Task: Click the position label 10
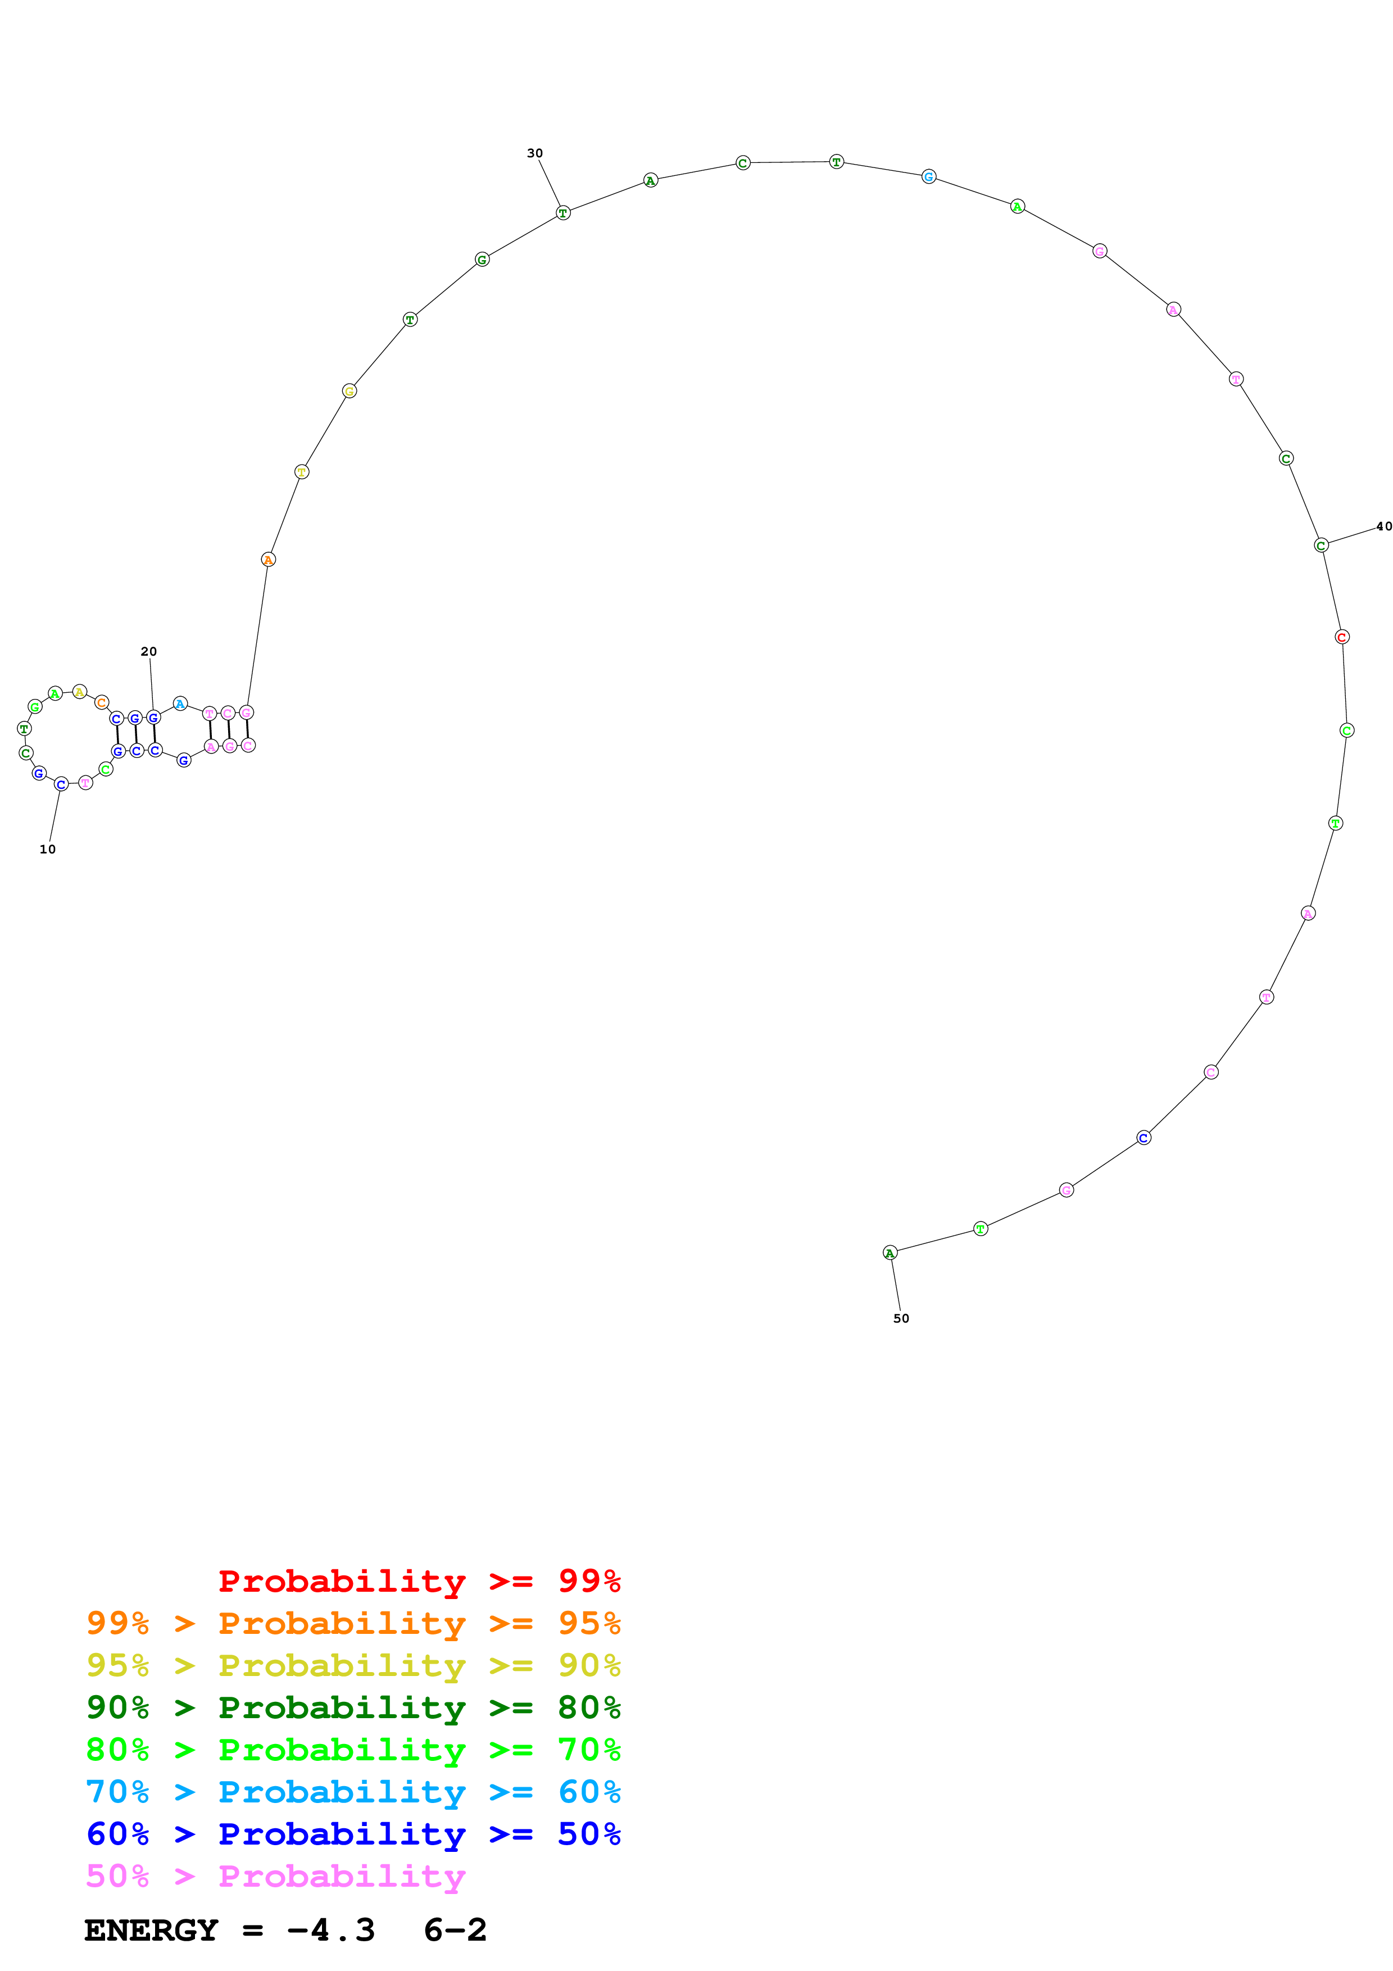pyautogui.click(x=47, y=849)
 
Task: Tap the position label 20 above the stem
pyautogui.click(x=148, y=652)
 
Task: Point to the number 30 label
pyautogui.click(x=535, y=153)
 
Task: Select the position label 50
pyautogui.click(x=900, y=1318)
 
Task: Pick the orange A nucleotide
pyautogui.click(x=268, y=560)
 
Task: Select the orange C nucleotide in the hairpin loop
pyautogui.click(x=101, y=702)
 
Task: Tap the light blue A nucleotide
pyautogui.click(x=179, y=704)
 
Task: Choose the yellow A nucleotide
pyautogui.click(x=79, y=692)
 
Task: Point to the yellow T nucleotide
pyautogui.click(x=301, y=472)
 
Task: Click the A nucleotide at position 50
pyautogui.click(x=890, y=1252)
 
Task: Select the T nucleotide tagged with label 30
pyautogui.click(x=563, y=213)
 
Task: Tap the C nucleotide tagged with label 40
pyautogui.click(x=1322, y=545)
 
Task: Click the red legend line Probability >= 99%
pyautogui.click(x=419, y=1581)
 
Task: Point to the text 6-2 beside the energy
pyautogui.click(x=455, y=1930)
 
